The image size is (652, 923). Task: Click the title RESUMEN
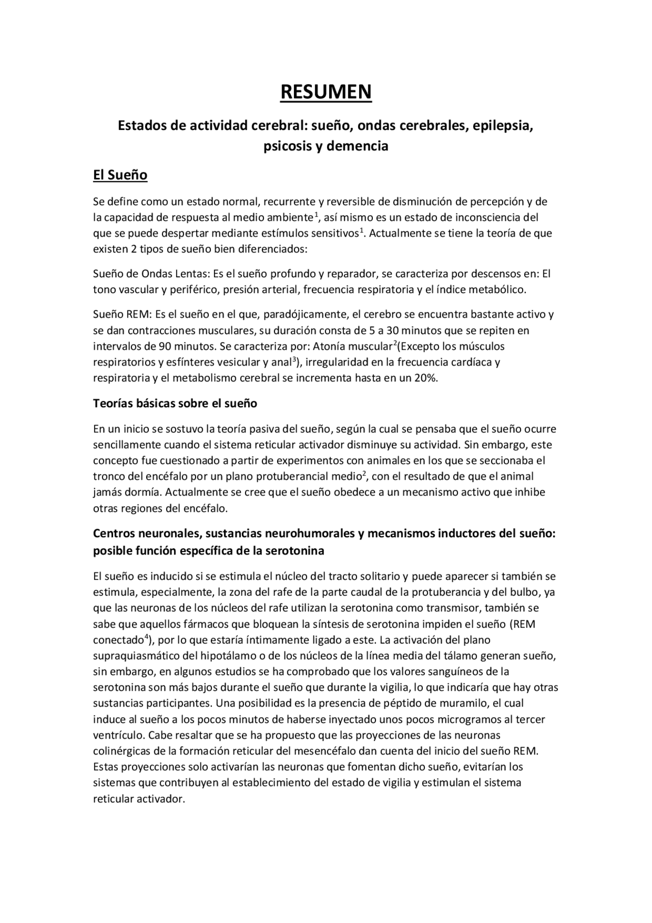coord(326,92)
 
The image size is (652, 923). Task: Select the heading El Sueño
coord(120,175)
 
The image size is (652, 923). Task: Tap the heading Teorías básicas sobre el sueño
coord(175,403)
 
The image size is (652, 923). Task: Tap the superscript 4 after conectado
coord(146,637)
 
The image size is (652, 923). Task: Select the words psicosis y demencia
coord(326,146)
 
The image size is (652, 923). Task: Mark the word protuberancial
coord(289,477)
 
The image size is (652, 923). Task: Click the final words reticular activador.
coord(138,799)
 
